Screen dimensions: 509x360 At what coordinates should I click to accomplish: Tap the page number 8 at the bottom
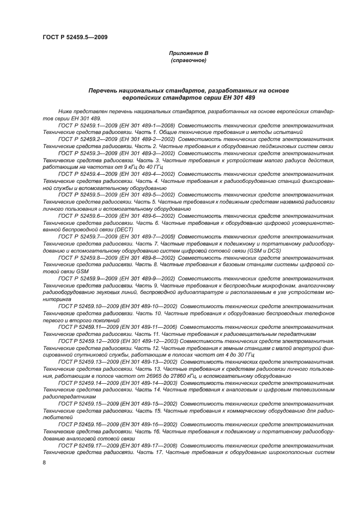45,462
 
